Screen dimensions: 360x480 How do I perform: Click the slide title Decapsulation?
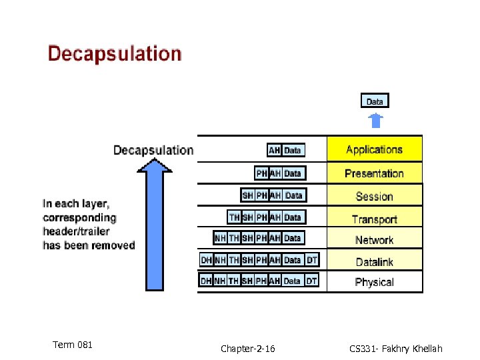pyautogui.click(x=114, y=54)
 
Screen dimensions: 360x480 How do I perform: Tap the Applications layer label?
pyautogui.click(x=374, y=150)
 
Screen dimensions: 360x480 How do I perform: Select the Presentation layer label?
pyautogui.click(x=374, y=173)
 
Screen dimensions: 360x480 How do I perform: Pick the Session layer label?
pyautogui.click(x=374, y=197)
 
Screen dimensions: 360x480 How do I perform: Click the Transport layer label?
pyautogui.click(x=374, y=219)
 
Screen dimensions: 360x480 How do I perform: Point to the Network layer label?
pyautogui.click(x=374, y=240)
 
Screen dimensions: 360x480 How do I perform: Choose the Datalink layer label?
pyautogui.click(x=374, y=262)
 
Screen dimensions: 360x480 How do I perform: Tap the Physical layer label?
pyautogui.click(x=374, y=282)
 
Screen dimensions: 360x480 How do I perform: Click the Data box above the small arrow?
pyautogui.click(x=375, y=101)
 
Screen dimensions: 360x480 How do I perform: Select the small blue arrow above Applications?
pyautogui.click(x=376, y=121)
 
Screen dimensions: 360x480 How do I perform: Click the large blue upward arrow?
pyautogui.click(x=154, y=227)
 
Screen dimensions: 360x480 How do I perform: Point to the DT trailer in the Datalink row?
pyautogui.click(x=312, y=260)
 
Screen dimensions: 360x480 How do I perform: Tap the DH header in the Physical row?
pyautogui.click(x=207, y=281)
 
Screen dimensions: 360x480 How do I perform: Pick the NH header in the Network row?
pyautogui.click(x=220, y=238)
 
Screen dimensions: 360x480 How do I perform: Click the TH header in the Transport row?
pyautogui.click(x=234, y=217)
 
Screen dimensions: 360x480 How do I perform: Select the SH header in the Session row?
pyautogui.click(x=247, y=195)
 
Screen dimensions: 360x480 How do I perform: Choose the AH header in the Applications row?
pyautogui.click(x=274, y=151)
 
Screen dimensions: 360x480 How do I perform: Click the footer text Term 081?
pyautogui.click(x=72, y=345)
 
